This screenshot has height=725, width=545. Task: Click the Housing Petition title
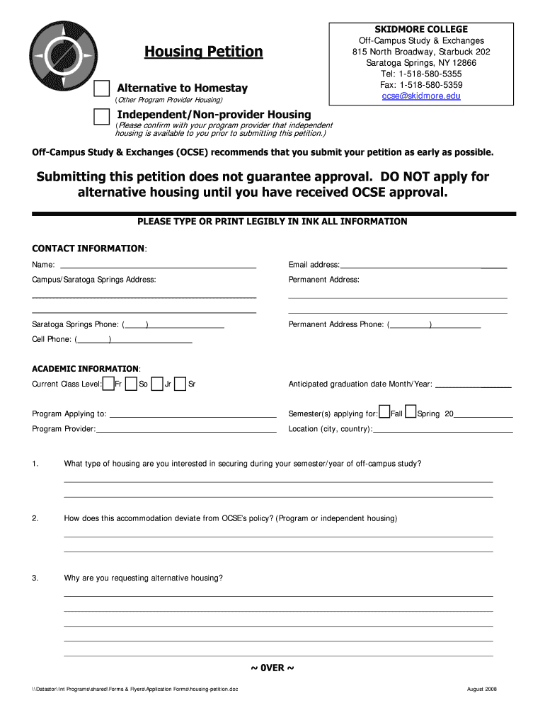(x=203, y=52)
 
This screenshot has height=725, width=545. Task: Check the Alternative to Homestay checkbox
(x=102, y=89)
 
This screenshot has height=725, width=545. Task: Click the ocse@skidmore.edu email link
(x=421, y=96)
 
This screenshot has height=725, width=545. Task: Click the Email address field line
(x=423, y=266)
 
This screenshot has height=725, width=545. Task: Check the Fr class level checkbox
(x=108, y=384)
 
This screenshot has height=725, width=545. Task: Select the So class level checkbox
(x=132, y=384)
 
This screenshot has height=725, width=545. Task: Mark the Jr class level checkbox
(x=157, y=384)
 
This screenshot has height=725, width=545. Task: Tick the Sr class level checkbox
(x=180, y=384)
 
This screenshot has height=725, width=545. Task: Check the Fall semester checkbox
(x=384, y=413)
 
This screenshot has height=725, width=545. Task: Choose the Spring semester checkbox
(x=411, y=413)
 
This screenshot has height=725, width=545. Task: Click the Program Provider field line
(x=186, y=430)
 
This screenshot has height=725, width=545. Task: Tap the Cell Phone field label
(x=52, y=340)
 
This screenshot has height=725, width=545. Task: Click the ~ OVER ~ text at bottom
(x=272, y=668)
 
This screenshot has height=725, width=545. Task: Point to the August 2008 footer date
(x=483, y=690)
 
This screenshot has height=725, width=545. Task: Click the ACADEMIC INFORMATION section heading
(x=86, y=369)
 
